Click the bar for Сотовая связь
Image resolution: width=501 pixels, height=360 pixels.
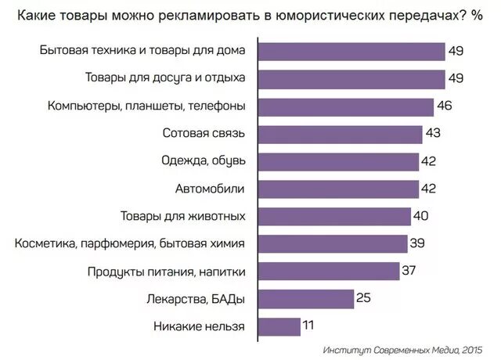point(340,134)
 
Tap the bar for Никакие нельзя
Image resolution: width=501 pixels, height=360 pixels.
point(279,326)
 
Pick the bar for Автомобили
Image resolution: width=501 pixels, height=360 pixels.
point(338,189)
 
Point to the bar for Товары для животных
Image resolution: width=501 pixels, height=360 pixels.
point(334,216)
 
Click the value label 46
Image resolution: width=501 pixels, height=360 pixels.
point(445,106)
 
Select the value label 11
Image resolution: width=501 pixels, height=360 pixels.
point(311,326)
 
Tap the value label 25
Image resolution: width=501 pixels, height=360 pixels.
point(362,298)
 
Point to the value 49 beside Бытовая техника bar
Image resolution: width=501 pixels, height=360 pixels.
point(456,52)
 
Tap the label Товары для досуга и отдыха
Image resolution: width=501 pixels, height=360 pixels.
point(165,79)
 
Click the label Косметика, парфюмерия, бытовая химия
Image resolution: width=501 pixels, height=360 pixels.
point(130,243)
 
